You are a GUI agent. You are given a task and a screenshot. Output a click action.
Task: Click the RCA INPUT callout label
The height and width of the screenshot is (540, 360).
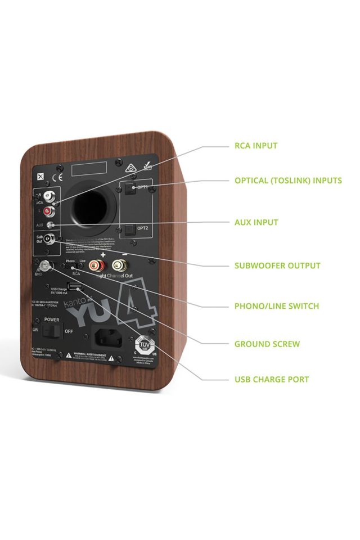(x=256, y=146)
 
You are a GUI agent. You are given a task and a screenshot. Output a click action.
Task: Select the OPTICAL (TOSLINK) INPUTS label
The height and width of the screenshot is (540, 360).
(x=288, y=181)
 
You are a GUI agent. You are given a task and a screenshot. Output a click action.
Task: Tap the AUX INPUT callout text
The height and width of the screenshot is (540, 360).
(x=256, y=222)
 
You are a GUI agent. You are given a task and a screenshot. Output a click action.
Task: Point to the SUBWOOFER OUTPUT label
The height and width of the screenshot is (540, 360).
(x=277, y=265)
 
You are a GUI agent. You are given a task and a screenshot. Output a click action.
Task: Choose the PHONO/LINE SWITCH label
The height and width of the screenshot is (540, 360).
(x=276, y=306)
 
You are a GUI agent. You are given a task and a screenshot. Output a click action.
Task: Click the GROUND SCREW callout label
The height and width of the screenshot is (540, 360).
(x=267, y=344)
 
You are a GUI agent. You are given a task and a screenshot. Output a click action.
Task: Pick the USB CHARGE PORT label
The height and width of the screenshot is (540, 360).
(x=272, y=379)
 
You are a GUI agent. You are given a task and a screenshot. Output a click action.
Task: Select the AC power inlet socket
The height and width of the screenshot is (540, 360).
(x=107, y=337)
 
